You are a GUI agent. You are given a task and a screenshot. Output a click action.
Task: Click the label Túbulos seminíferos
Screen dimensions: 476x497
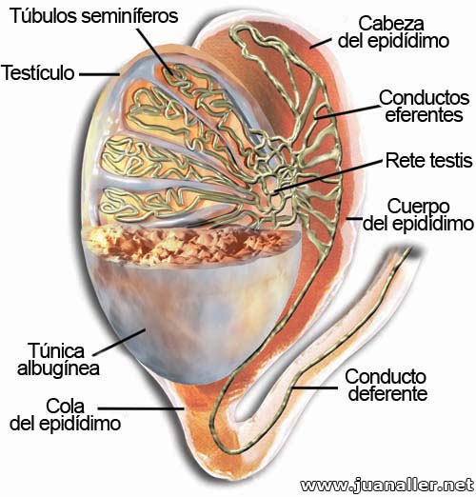click(94, 16)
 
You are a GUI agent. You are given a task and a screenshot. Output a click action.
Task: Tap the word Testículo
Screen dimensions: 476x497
click(38, 72)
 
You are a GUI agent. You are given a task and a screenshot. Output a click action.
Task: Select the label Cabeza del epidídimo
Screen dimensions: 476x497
click(393, 32)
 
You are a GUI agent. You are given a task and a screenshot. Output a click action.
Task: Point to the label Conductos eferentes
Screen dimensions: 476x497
click(424, 106)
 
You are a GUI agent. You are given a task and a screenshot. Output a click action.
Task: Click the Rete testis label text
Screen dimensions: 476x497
click(429, 160)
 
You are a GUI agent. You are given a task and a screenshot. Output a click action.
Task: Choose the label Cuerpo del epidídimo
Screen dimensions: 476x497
click(418, 215)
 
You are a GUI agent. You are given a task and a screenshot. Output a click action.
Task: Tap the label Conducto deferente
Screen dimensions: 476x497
click(387, 385)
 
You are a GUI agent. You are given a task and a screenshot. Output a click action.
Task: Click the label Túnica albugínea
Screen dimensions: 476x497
click(58, 359)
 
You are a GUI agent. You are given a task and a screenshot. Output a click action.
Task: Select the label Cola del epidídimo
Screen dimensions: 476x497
click(65, 414)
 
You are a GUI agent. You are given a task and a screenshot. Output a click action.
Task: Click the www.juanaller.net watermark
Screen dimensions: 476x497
click(387, 486)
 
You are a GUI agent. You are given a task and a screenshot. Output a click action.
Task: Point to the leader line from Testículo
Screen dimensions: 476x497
click(99, 75)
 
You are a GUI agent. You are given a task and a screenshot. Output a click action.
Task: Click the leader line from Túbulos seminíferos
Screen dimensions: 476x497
click(154, 51)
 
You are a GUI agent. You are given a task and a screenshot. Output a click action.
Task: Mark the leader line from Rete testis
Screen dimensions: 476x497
click(327, 176)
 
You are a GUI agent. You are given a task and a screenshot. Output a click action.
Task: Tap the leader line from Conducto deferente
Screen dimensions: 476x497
click(315, 388)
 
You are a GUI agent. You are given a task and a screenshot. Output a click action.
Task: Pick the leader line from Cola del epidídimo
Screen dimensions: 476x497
click(141, 408)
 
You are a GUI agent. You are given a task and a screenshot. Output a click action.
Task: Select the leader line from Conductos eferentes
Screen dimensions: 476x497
click(347, 111)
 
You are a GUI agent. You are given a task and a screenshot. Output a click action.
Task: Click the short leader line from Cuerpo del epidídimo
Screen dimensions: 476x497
click(354, 219)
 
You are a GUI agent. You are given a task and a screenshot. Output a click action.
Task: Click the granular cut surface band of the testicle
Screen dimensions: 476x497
click(190, 243)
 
